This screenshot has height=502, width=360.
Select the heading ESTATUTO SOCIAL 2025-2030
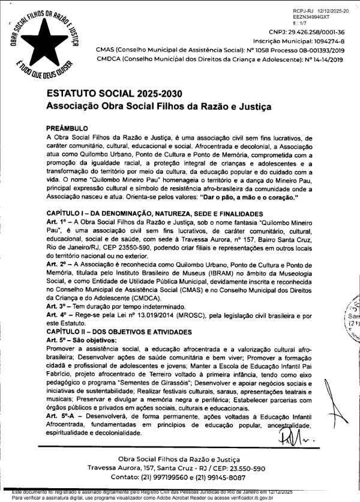[114, 95]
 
